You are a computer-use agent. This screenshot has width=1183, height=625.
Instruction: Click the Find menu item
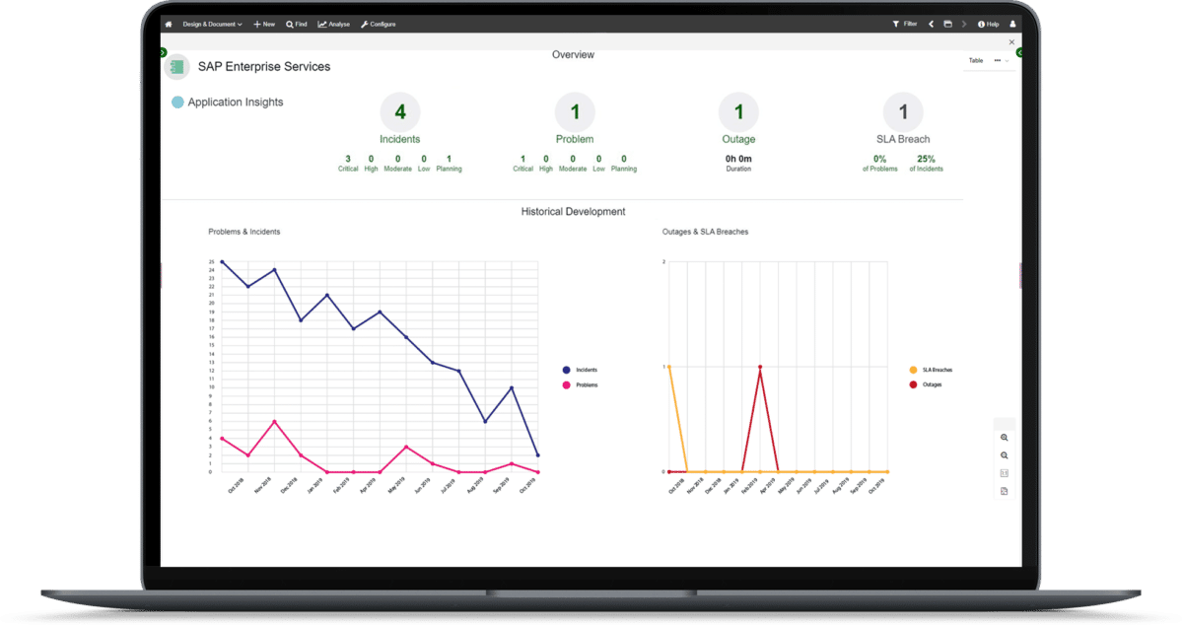[x=297, y=24]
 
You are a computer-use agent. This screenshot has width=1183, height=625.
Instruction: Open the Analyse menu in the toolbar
[x=335, y=24]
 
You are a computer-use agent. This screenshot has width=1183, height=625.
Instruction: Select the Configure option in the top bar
[x=379, y=24]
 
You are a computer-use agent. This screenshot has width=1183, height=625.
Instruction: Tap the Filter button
[x=905, y=24]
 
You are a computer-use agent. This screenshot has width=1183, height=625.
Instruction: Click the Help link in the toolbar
[x=988, y=24]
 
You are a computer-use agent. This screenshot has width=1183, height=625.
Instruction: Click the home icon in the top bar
[x=169, y=24]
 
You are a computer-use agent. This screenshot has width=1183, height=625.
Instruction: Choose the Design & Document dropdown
[x=212, y=24]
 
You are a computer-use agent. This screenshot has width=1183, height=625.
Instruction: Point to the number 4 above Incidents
[x=400, y=112]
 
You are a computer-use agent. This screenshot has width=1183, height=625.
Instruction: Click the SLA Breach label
[x=903, y=139]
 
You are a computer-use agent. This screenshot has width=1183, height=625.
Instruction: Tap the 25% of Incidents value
[x=926, y=159]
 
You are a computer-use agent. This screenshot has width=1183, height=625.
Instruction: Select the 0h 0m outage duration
[x=738, y=159]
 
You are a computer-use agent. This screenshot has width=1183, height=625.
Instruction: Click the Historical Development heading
[x=573, y=212]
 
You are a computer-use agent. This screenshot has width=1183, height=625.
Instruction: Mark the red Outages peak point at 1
[x=760, y=367]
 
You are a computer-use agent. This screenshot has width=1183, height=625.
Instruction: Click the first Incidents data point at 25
[x=222, y=262]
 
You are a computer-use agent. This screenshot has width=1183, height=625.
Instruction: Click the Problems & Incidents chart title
[x=244, y=232]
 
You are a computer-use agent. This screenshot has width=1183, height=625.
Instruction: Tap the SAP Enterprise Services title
[x=264, y=67]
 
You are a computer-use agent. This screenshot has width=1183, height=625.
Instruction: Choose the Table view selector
[x=976, y=60]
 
